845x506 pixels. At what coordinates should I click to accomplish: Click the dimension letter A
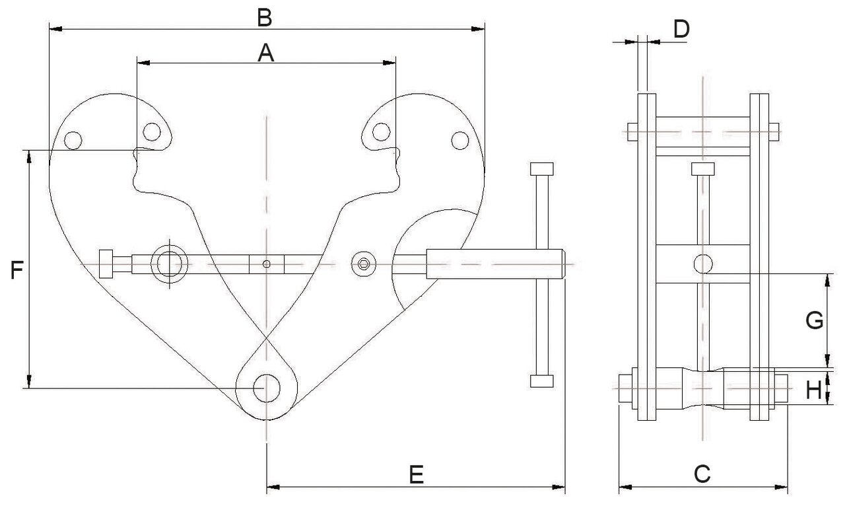coord(265,53)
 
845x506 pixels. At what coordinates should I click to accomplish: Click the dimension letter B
coord(265,18)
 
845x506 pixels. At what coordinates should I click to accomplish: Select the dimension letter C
coord(702,474)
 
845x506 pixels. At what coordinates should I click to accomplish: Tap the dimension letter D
coord(682,29)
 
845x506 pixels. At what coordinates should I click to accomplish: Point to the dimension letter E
coord(417,475)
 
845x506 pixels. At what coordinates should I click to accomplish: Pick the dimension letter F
coord(17,270)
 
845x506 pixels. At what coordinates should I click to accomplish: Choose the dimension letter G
coord(814,320)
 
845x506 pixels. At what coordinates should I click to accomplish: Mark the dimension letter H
coord(814,390)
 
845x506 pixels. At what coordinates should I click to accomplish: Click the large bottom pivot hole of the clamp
coord(267,388)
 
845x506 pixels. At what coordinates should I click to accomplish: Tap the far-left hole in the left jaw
coord(73,141)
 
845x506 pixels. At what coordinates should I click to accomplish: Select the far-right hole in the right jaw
coord(460,141)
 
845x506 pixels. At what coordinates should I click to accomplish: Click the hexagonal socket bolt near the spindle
coord(363,264)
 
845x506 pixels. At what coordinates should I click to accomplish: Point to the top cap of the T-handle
coord(542,169)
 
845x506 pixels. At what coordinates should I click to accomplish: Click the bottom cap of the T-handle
coord(542,381)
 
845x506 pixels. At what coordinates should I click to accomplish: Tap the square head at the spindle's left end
coord(106,264)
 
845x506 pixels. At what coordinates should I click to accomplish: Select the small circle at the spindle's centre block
coord(266,264)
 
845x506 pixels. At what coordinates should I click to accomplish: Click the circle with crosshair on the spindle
coord(170,264)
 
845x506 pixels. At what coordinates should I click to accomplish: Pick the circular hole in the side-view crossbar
coord(703,264)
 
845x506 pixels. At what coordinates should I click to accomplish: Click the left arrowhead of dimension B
coord(56,28)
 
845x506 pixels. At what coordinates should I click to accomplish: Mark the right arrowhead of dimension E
coord(558,487)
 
